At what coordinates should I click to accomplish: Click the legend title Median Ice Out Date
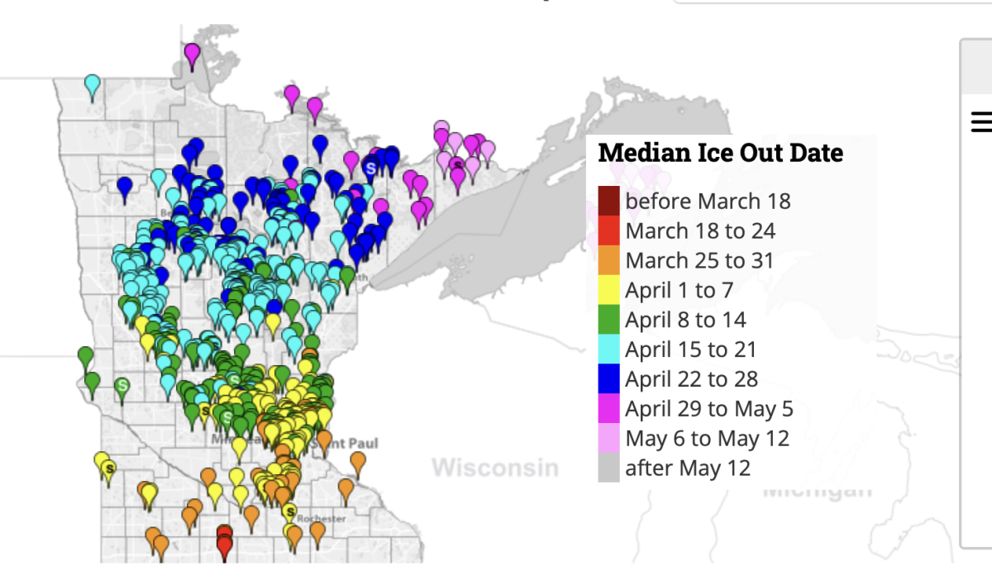click(720, 153)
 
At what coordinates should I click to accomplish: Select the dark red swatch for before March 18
click(608, 201)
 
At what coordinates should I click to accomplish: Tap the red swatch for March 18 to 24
click(608, 231)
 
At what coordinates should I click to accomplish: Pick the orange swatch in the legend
click(608, 260)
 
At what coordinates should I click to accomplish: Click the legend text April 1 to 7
click(679, 290)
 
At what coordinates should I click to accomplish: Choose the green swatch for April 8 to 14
click(608, 320)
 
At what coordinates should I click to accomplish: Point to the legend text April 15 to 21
click(690, 349)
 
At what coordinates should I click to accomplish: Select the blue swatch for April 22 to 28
click(608, 379)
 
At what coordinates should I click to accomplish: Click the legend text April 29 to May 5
click(708, 409)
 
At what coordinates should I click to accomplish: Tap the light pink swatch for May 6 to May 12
click(608, 438)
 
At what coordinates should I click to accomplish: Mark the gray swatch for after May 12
click(608, 468)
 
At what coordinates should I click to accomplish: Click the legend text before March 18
click(708, 201)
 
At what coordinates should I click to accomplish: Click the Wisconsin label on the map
click(494, 468)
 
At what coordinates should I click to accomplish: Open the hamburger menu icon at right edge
click(981, 122)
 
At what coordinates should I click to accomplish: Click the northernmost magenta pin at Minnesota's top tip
click(192, 55)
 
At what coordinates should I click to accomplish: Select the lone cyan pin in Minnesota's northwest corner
click(93, 84)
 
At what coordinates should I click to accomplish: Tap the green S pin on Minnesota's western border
click(122, 386)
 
